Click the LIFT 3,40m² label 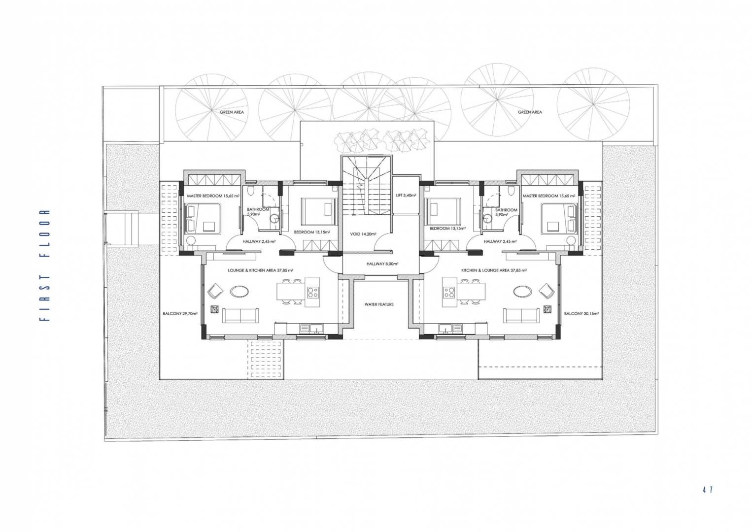tap(406, 195)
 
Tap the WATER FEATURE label tap(379, 304)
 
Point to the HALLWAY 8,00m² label tap(382, 264)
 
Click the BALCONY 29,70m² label tap(180, 313)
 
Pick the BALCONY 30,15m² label tap(581, 313)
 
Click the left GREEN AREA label tap(232, 112)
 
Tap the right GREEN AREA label tap(530, 112)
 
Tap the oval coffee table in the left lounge tap(239, 291)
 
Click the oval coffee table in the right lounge tap(522, 291)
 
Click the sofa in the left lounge tap(240, 316)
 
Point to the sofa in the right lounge tap(521, 316)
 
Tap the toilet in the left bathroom tap(250, 191)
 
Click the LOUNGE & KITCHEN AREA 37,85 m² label tap(260, 270)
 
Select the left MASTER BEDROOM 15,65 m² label tap(213, 196)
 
